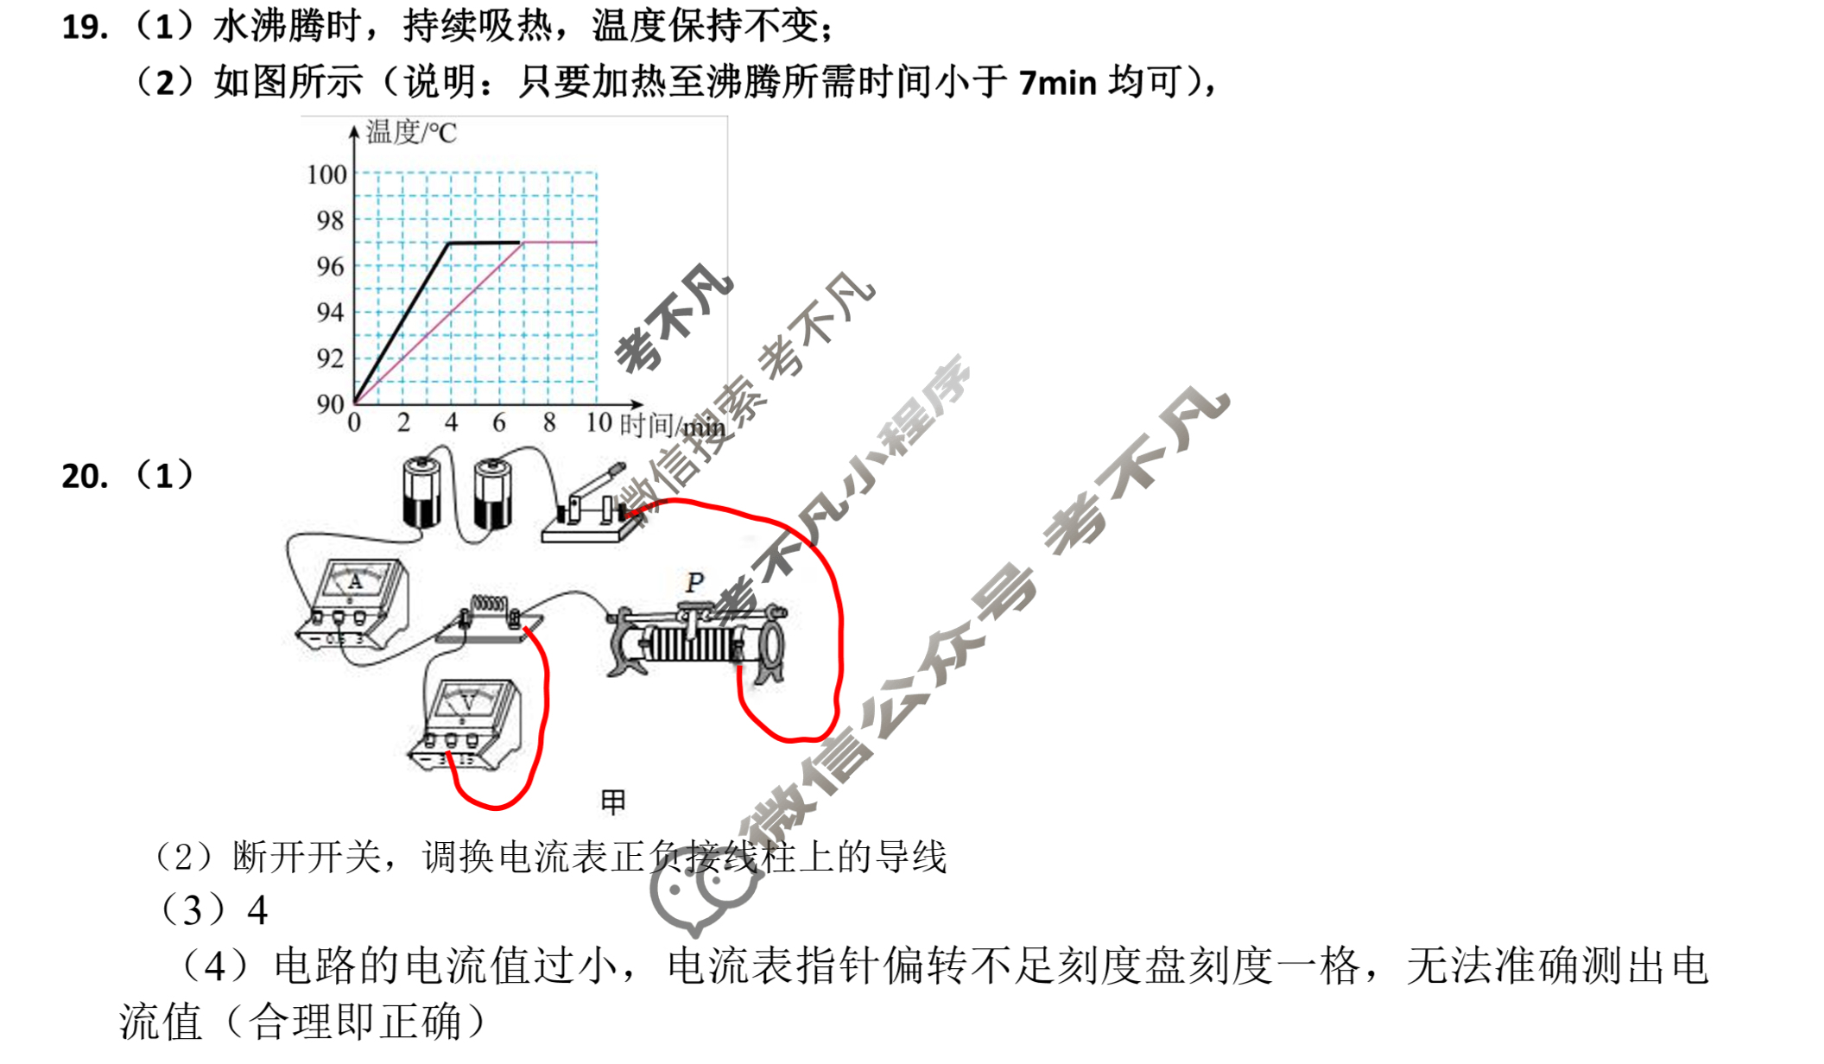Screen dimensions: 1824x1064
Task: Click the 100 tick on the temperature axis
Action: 326,174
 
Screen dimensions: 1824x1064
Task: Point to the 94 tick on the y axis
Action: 330,312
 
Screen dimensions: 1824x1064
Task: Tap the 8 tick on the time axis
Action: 549,422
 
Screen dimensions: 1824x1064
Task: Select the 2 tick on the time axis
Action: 403,422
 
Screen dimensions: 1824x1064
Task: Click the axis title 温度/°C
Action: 411,132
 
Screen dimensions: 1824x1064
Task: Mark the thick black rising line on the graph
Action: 402,323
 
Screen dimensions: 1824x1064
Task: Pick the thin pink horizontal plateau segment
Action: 560,243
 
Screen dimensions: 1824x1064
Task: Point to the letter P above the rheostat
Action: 694,583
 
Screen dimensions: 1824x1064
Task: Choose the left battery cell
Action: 421,492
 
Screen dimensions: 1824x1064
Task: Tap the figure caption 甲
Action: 613,802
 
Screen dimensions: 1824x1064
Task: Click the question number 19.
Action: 85,28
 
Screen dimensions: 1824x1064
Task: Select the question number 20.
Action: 85,477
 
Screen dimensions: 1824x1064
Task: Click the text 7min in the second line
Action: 1057,83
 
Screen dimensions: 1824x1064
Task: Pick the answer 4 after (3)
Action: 257,910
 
